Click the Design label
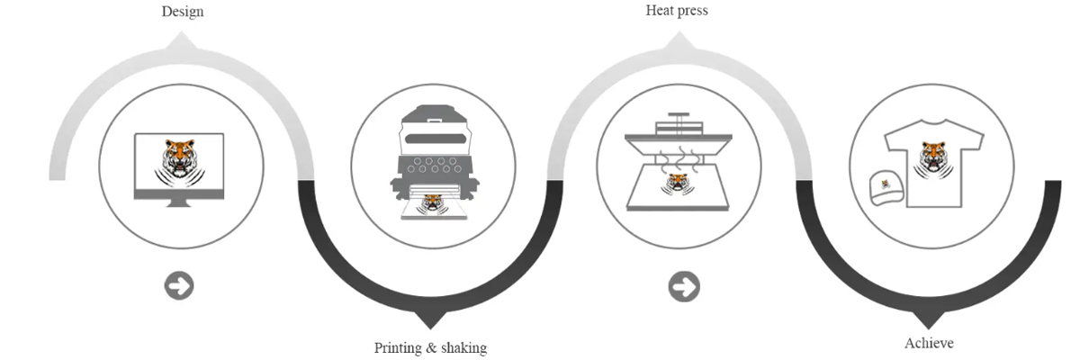182,12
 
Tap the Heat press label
676,11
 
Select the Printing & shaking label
430,347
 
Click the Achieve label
928,343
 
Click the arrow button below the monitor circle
179,286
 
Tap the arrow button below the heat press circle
684,287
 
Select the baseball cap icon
886,187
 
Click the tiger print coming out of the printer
433,202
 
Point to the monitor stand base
179,205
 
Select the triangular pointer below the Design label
182,41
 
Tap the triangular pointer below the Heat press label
678,41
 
